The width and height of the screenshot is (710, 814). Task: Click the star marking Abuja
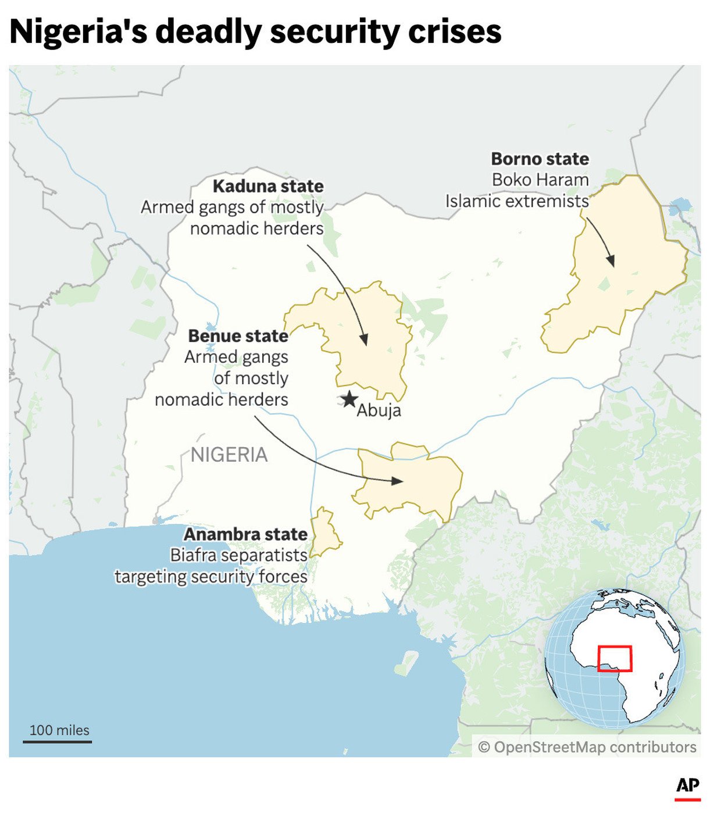349,399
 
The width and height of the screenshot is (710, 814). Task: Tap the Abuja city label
379,410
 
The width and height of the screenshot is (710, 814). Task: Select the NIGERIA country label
229,455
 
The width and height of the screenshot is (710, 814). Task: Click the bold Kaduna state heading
268,186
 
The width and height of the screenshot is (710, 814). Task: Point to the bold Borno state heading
540,159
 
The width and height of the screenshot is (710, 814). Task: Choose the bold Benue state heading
238,336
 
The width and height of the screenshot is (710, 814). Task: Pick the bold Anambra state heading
245,534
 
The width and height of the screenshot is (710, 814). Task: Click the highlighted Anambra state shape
324,533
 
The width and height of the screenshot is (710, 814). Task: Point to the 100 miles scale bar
58,741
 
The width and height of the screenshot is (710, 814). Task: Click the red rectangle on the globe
615,659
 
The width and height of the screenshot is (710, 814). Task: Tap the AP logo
687,786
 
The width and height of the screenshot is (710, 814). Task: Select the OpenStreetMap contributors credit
587,747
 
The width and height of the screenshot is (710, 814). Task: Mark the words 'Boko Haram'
540,180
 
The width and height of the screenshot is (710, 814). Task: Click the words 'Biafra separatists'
238,555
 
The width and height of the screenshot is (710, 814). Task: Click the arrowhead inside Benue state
398,481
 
